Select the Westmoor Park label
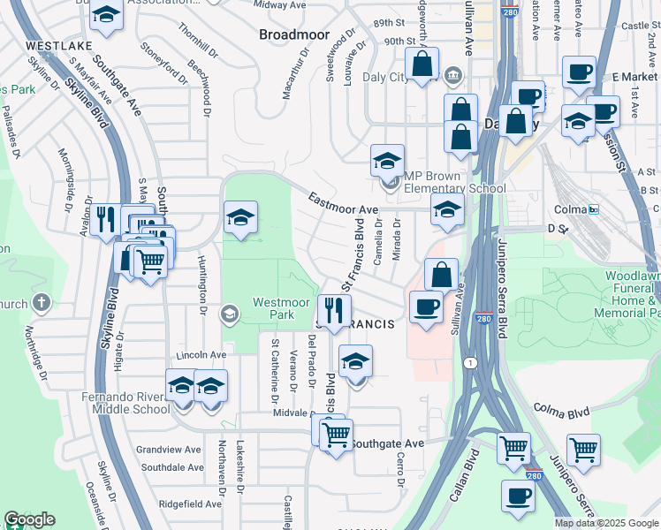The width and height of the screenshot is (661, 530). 281,308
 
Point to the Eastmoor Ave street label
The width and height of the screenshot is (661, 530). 343,204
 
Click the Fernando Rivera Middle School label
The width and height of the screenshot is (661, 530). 126,403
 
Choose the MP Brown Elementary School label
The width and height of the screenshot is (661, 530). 455,182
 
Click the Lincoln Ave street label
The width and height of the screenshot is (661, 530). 201,354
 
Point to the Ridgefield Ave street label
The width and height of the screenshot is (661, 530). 191,503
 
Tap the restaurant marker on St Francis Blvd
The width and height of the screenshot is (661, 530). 334,311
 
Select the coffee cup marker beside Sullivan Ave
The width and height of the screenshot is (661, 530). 426,307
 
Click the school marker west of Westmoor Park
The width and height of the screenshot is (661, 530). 240,218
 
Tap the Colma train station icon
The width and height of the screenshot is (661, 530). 593,209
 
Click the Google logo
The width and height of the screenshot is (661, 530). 29,519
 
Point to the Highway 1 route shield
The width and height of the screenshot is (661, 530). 471,362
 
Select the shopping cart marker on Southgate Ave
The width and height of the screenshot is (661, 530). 336,434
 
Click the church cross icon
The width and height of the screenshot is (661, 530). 41,302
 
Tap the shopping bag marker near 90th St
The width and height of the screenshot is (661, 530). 422,64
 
